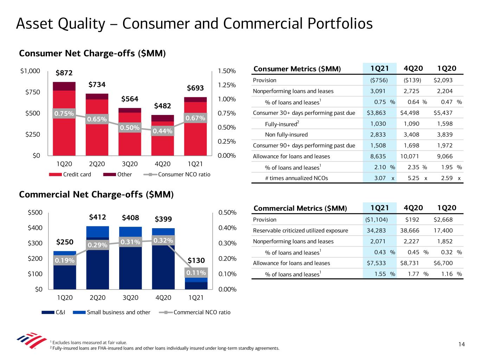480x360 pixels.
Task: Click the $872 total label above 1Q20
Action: click(x=64, y=73)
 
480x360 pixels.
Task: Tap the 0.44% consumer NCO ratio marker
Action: click(x=162, y=131)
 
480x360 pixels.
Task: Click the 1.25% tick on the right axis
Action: click(x=227, y=85)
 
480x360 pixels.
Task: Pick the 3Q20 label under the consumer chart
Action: click(x=130, y=164)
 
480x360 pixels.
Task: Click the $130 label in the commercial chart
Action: click(x=196, y=261)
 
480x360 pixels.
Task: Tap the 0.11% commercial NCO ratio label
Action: click(x=196, y=273)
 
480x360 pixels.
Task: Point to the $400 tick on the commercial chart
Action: click(x=35, y=228)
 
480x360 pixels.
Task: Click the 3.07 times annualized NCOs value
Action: click(x=380, y=178)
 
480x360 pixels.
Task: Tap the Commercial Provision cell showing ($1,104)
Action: click(x=376, y=220)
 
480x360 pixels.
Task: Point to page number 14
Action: click(x=462, y=345)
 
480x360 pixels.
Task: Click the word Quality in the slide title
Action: click(x=83, y=24)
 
